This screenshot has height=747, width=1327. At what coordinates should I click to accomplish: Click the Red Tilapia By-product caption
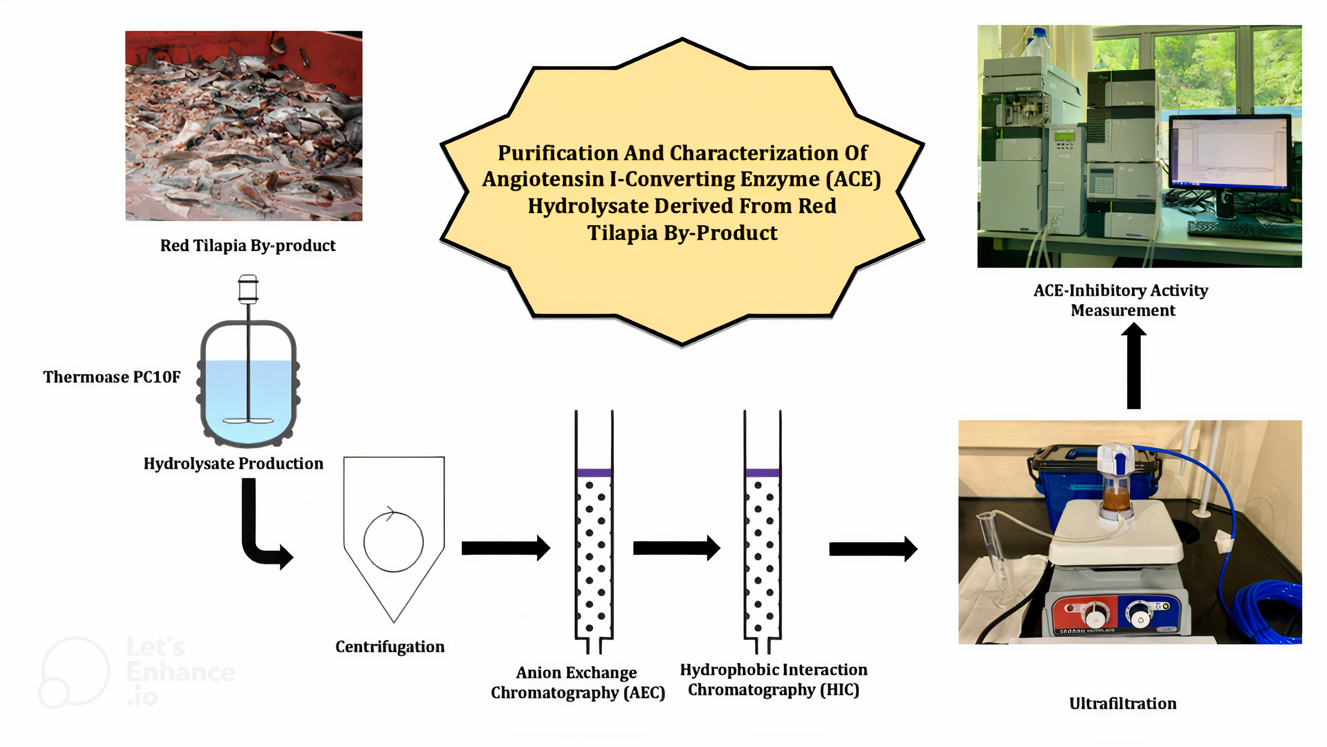(x=247, y=245)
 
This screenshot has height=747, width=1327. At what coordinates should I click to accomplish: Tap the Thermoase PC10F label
(x=111, y=377)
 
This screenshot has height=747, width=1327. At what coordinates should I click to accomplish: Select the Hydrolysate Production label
(x=233, y=463)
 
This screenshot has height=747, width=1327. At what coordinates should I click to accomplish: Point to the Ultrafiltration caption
(x=1123, y=703)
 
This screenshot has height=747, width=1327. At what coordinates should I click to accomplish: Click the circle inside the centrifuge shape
(x=394, y=541)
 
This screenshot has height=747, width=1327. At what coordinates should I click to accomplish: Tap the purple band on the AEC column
(x=594, y=472)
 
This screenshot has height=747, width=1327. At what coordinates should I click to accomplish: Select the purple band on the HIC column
(x=762, y=472)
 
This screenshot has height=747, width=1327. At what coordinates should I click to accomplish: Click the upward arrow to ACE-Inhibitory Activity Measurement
(x=1133, y=366)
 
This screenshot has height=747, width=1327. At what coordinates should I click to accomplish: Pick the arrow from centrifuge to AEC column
(x=505, y=548)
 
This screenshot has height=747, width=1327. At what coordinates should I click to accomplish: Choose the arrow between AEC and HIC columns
(x=676, y=548)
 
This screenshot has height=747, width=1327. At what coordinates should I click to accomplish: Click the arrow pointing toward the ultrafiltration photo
(x=873, y=548)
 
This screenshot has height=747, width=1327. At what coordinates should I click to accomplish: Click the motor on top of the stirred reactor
(x=248, y=288)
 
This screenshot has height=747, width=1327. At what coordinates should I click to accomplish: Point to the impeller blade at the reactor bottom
(x=248, y=420)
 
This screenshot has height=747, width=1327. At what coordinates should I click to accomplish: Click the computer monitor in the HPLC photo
(x=1229, y=152)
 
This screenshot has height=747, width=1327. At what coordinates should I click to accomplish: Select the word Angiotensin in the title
(x=543, y=179)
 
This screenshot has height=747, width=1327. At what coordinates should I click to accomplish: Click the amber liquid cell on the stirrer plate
(x=1115, y=497)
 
